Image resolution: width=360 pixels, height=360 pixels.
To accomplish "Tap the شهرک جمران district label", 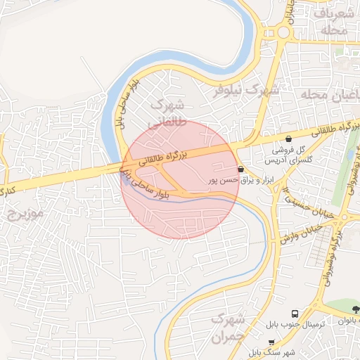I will pyautogui.click(x=229, y=328).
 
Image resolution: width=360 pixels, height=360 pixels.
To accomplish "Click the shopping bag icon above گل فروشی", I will pyautogui.click(x=289, y=139).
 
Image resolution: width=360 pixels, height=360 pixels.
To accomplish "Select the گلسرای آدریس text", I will pyautogui.click(x=290, y=161).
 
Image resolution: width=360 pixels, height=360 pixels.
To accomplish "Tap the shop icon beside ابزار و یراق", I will pyautogui.click(x=241, y=169).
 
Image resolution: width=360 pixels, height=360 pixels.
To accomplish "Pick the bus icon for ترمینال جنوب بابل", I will pyautogui.click(x=294, y=313).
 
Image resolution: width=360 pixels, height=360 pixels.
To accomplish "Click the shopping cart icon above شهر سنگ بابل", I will pyautogui.click(x=271, y=342).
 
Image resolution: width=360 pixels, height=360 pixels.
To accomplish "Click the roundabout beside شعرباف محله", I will pyautogui.click(x=284, y=32).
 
